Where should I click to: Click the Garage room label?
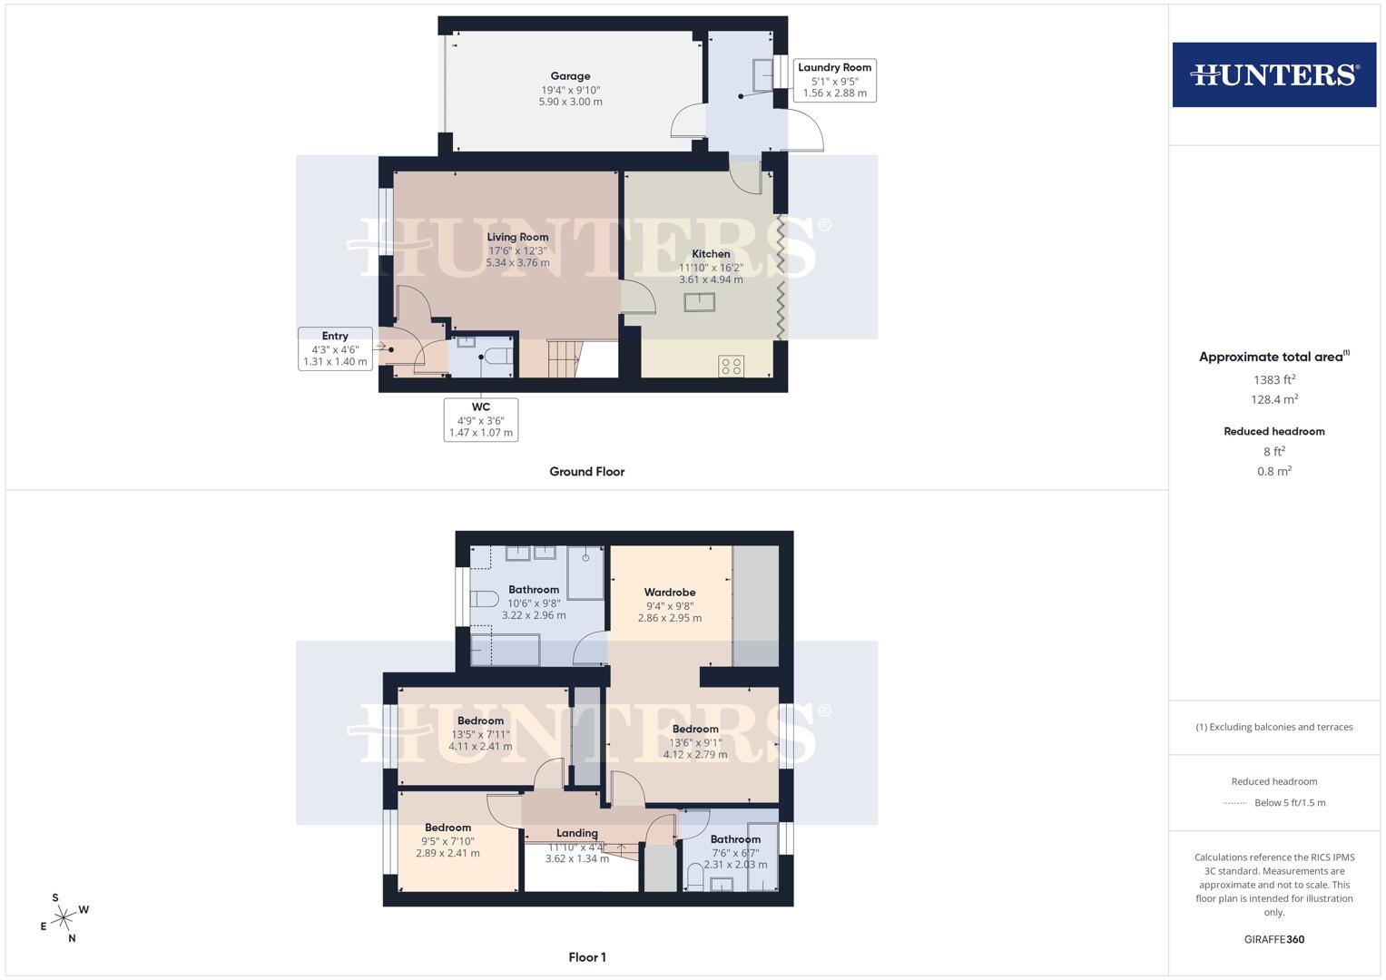[570, 76]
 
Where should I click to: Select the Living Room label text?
[517, 237]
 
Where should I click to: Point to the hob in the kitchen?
[732, 366]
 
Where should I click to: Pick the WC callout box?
[481, 419]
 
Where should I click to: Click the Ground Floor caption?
[586, 472]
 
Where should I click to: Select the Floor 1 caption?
[586, 957]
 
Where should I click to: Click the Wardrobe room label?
[670, 593]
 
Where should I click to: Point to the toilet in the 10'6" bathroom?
[484, 599]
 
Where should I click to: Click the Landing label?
[577, 833]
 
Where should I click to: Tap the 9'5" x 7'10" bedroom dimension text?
[447, 841]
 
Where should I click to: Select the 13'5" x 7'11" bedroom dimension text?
[480, 735]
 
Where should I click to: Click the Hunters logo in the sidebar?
[1273, 74]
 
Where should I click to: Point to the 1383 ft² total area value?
[1274, 380]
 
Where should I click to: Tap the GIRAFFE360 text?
[1274, 939]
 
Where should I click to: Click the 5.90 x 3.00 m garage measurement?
[570, 102]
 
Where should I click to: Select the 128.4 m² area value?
[1274, 399]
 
